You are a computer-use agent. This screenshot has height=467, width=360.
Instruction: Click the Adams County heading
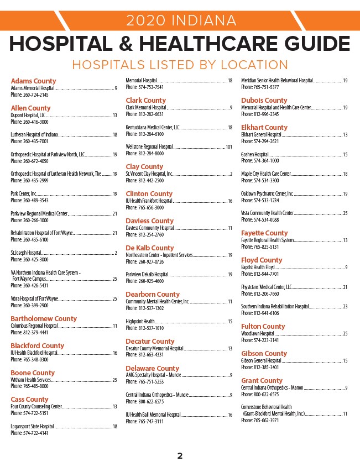click(33, 81)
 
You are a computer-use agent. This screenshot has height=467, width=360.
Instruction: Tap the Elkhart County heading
click(264, 128)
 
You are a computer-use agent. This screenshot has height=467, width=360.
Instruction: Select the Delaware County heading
click(153, 368)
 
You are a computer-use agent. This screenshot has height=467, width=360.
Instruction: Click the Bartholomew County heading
click(44, 319)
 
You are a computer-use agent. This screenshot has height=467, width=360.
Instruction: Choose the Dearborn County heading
click(153, 295)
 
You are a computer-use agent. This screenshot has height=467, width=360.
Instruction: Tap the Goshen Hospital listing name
click(255, 154)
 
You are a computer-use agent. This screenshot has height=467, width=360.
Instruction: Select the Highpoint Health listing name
click(140, 321)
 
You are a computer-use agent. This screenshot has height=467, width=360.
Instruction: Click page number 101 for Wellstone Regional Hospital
click(229, 147)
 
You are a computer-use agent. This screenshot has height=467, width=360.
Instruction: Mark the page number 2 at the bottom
click(180, 456)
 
